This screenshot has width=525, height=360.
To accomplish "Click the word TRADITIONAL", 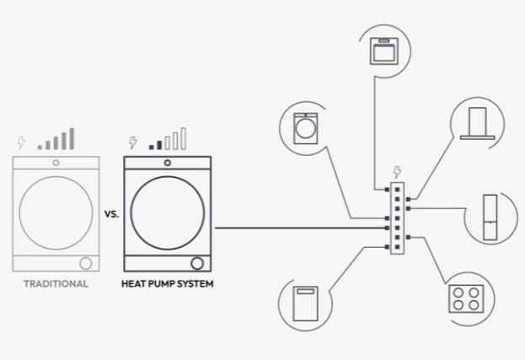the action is click(56, 283).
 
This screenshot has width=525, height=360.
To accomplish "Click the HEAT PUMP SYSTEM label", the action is click(167, 283).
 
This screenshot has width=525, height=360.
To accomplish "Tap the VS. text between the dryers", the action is click(111, 214).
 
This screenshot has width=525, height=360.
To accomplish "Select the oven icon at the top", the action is click(384, 51).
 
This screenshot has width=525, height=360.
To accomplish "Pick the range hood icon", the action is click(478, 123).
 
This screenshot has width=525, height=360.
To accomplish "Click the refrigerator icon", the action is click(490, 217).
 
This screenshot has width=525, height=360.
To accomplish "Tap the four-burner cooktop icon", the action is click(466, 298).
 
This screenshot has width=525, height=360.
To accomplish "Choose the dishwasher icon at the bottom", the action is click(305, 304).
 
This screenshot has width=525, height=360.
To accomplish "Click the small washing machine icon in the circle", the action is click(305, 129).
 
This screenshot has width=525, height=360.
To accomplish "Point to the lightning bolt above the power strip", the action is click(397, 172).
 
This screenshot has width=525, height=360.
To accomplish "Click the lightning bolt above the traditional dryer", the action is click(21, 142).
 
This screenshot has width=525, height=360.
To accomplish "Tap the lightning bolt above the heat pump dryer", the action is click(133, 142).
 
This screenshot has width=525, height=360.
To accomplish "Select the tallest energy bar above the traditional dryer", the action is click(72, 138).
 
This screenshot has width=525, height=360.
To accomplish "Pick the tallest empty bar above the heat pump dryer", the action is click(183, 138).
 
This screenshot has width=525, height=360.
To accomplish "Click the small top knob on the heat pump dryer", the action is click(168, 163).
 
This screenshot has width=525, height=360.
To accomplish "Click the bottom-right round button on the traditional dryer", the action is click(85, 263).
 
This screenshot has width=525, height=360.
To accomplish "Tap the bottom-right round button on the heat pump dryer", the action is click(197, 263).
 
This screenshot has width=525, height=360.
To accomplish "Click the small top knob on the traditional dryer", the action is click(56, 163).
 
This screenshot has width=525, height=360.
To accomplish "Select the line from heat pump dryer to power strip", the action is click(300, 228).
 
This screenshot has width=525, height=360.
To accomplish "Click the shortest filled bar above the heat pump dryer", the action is click(152, 147).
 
